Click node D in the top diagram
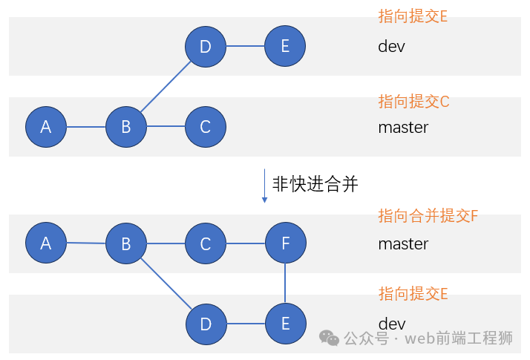(x=206, y=47)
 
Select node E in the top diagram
(x=285, y=46)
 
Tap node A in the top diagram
(x=46, y=127)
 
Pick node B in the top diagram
(x=126, y=127)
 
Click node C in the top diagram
(x=206, y=127)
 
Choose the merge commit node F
(x=285, y=243)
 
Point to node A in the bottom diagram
(x=46, y=243)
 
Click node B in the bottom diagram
(x=126, y=243)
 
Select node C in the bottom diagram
(x=206, y=243)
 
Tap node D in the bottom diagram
(x=206, y=324)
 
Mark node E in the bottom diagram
(x=285, y=324)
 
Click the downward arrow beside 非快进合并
(x=264, y=186)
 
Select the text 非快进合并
(x=315, y=185)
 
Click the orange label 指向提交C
(x=413, y=102)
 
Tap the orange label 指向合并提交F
(x=428, y=216)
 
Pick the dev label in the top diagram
(x=391, y=46)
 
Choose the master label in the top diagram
(x=403, y=127)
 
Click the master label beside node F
(x=403, y=243)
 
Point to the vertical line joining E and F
(x=285, y=284)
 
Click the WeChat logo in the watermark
(x=330, y=338)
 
